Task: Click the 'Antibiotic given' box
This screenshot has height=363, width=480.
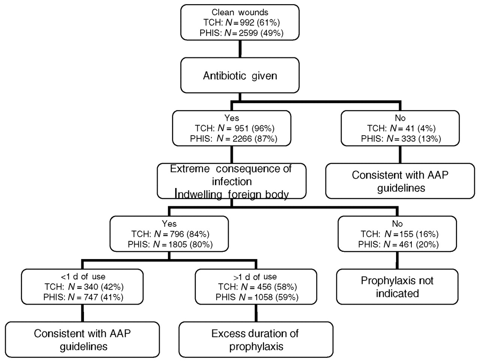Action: (240, 75)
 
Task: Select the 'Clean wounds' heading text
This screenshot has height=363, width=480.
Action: (240, 12)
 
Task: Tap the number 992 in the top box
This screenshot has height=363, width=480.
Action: (246, 23)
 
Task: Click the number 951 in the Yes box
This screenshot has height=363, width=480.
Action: (241, 128)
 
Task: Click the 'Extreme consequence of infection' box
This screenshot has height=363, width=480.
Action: (232, 181)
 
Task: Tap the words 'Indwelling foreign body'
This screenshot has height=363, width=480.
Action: (232, 194)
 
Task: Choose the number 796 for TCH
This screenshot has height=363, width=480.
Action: (177, 234)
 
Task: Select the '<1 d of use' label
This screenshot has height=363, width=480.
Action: (83, 277)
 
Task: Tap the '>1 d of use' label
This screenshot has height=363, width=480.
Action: (255, 277)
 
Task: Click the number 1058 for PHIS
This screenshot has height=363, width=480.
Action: (264, 297)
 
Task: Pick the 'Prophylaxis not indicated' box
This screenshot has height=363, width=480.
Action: (397, 287)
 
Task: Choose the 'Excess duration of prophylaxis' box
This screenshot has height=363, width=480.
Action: (256, 340)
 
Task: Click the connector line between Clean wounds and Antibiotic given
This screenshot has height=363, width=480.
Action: (240, 49)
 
